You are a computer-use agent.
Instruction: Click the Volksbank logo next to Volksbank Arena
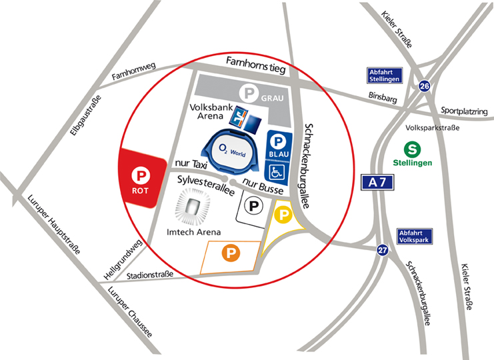(x=238, y=118)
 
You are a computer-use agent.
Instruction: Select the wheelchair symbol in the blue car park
(x=279, y=171)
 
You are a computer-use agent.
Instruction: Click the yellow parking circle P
(x=283, y=215)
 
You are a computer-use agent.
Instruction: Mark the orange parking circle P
(x=230, y=253)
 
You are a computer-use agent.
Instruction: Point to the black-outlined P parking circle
(x=255, y=207)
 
